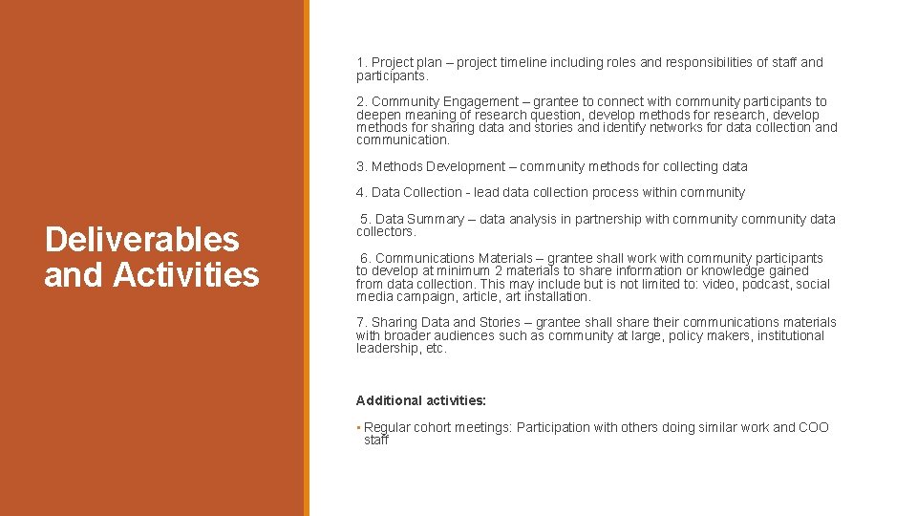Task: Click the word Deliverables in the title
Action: [x=141, y=240]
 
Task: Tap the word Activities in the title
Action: [x=186, y=275]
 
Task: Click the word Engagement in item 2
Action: [x=479, y=101]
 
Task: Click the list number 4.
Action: [x=361, y=192]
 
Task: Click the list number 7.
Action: [x=361, y=322]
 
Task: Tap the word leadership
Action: [x=387, y=348]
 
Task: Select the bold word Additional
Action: [x=387, y=400]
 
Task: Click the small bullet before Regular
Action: [x=357, y=427]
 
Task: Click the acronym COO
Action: [x=814, y=427]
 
